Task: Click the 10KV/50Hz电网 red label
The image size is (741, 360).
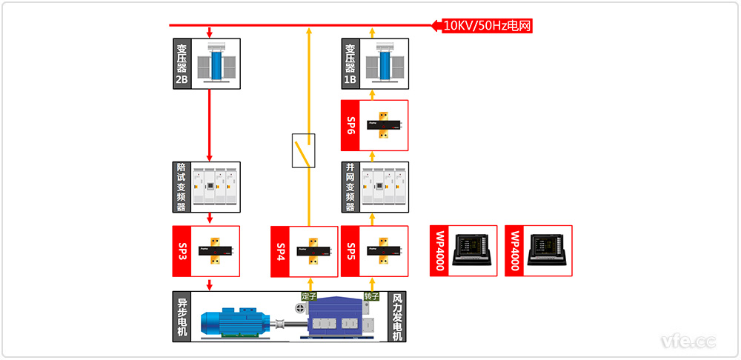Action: [486, 25]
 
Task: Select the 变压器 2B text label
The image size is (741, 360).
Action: [182, 64]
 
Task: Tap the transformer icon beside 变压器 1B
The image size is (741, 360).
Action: [384, 64]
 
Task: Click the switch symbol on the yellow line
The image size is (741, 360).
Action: [303, 150]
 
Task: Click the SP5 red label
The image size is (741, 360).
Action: [351, 251]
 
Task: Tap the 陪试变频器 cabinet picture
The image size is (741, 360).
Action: [216, 187]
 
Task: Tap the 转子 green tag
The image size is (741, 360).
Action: [371, 296]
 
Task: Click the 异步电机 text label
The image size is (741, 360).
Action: [182, 317]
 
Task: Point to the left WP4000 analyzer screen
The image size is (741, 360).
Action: [473, 250]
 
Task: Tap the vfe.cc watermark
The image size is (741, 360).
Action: [689, 341]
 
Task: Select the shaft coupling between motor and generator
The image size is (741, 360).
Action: [285, 323]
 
